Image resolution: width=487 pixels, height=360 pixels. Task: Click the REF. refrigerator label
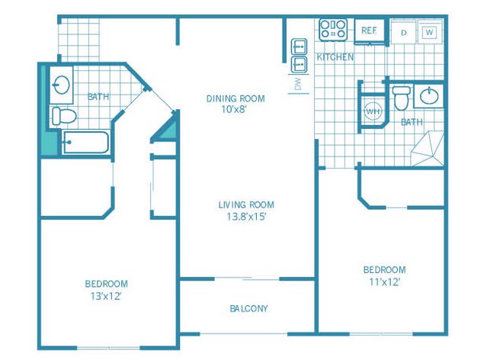click(x=370, y=31)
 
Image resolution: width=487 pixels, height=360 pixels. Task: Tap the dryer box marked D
click(x=403, y=32)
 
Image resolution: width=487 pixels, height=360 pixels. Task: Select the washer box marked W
click(x=429, y=32)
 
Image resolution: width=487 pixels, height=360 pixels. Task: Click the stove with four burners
click(x=334, y=31)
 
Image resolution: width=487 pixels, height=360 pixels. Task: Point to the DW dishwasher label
click(x=298, y=84)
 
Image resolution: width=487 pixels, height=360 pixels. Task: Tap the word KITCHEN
click(x=335, y=57)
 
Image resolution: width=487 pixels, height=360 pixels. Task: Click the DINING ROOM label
click(x=235, y=98)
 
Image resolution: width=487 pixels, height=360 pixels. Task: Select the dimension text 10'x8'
click(x=235, y=109)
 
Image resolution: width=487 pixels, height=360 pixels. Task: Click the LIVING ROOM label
click(x=245, y=204)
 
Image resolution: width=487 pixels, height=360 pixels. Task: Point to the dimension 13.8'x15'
click(x=245, y=216)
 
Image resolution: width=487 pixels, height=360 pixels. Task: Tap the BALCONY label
click(x=248, y=308)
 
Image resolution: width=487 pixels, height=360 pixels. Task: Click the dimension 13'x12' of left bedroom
click(x=105, y=295)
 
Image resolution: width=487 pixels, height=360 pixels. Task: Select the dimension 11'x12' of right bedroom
click(x=384, y=281)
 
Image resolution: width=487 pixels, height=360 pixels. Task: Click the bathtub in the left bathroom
click(x=85, y=142)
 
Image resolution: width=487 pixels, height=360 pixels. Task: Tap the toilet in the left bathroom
click(x=63, y=117)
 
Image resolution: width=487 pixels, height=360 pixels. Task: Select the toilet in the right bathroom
click(x=401, y=100)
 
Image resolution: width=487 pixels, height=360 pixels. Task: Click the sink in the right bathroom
click(x=429, y=98)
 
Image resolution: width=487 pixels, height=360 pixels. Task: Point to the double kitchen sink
click(x=299, y=55)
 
